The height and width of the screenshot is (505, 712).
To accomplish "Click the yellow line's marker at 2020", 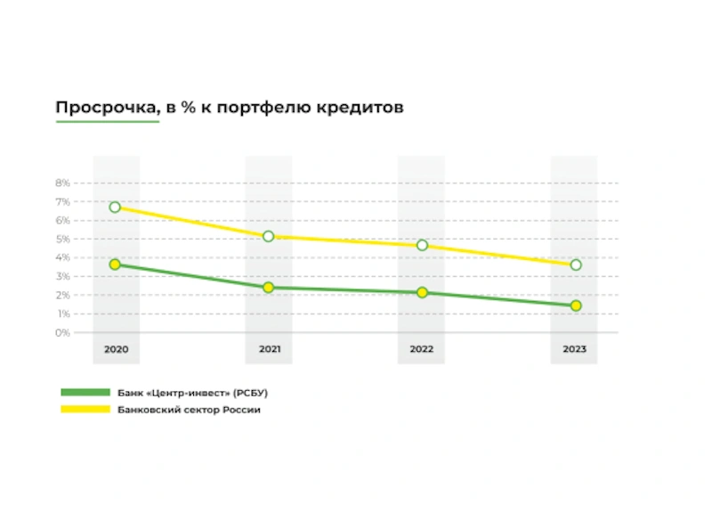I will [x=115, y=207].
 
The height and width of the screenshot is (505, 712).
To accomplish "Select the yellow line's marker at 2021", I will [x=268, y=236].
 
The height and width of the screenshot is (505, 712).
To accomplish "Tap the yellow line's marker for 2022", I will [x=422, y=245].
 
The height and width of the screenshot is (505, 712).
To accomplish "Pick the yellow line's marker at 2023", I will [x=576, y=265].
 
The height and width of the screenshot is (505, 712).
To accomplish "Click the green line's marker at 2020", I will [x=115, y=265].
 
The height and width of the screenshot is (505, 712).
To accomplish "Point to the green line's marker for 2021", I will [x=268, y=287].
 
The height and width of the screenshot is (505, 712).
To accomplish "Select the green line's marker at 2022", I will [x=422, y=292].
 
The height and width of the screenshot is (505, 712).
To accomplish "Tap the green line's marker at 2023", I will [x=576, y=305].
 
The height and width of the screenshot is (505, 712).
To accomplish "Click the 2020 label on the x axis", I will [x=116, y=349].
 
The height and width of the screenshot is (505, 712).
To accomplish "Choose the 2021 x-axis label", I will [x=269, y=349].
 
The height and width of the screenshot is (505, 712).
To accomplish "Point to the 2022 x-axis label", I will [x=422, y=349].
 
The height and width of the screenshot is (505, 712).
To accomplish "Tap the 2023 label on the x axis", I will [x=575, y=349].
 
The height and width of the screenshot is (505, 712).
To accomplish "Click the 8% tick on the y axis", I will [x=62, y=183].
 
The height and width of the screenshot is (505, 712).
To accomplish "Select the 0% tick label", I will [x=62, y=333].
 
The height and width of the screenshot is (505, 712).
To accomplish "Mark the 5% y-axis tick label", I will [x=62, y=239].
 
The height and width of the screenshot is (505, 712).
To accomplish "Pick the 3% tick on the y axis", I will [x=62, y=276].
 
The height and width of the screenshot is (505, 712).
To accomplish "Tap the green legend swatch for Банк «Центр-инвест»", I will [x=85, y=392].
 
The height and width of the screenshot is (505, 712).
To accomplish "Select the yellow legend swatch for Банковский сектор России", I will [x=85, y=410].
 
